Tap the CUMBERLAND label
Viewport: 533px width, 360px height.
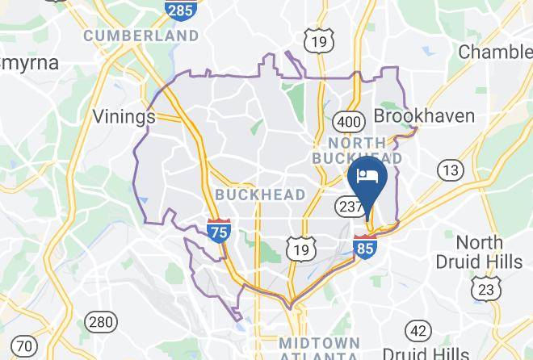pyautogui.click(x=141, y=36)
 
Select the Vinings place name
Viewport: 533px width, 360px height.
pyautogui.click(x=124, y=117)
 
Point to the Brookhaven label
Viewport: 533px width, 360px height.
pyautogui.click(x=424, y=116)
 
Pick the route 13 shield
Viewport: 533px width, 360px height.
pyautogui.click(x=451, y=170)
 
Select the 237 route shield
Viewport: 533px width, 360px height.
pyautogui.click(x=352, y=207)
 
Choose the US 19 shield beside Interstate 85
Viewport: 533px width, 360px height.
pyautogui.click(x=300, y=249)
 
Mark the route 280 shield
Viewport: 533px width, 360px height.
pyautogui.click(x=101, y=322)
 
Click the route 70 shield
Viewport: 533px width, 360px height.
pyautogui.click(x=23, y=345)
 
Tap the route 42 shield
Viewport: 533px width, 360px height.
pyautogui.click(x=418, y=330)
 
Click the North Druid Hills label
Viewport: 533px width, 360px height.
pyautogui.click(x=480, y=252)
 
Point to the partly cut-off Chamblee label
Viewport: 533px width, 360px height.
pyautogui.click(x=495, y=52)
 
